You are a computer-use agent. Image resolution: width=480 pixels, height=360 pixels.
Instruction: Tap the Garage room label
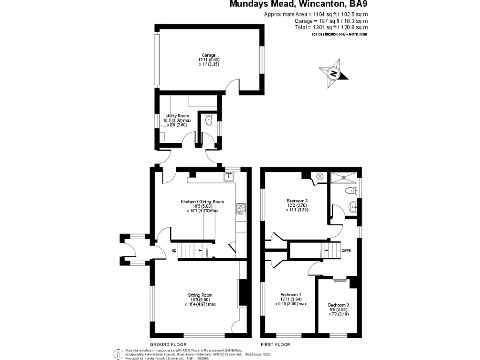click(x=209, y=55)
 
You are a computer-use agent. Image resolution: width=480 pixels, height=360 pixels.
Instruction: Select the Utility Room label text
click(x=177, y=115)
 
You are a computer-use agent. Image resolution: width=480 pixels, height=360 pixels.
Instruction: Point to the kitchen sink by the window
click(x=229, y=177)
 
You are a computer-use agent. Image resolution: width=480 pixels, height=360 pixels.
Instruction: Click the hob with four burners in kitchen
click(x=241, y=207)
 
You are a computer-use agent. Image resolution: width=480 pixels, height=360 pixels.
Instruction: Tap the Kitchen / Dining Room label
click(x=202, y=202)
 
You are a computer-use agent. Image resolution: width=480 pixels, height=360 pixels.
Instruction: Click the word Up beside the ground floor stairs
click(x=174, y=250)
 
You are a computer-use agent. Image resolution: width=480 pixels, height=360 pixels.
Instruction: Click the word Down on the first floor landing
click(x=346, y=250)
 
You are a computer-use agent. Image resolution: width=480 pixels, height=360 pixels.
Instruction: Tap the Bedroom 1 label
click(x=291, y=295)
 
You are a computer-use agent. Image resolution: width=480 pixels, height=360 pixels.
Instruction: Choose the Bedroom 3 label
click(x=338, y=305)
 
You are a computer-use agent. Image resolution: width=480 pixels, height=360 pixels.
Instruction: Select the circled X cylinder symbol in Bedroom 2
click(x=320, y=177)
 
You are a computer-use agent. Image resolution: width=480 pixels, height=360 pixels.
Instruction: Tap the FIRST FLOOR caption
click(x=275, y=344)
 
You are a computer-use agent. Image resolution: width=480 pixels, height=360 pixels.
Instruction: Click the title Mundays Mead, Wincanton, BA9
click(x=299, y=4)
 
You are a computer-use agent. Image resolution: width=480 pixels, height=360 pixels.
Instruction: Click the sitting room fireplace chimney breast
click(x=242, y=292)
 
